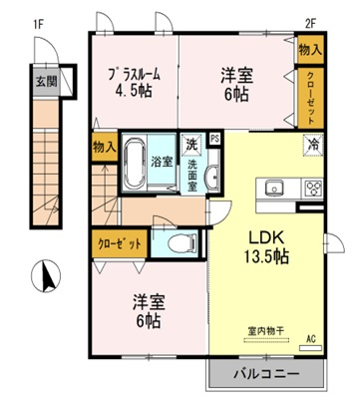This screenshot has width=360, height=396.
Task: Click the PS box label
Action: [x=214, y=139]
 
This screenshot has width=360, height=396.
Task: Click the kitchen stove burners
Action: [x=313, y=188]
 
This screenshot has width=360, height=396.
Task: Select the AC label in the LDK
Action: [x=309, y=339]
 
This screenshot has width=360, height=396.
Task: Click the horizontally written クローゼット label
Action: [x=120, y=242]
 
